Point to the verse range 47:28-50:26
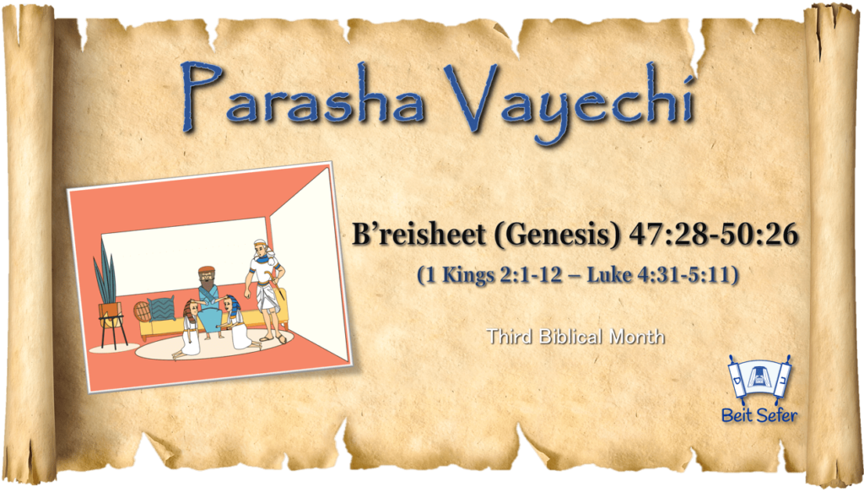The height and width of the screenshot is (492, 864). click(713, 234)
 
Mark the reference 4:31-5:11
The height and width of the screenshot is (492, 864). click(683, 274)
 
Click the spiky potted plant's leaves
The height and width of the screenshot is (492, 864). click(105, 273)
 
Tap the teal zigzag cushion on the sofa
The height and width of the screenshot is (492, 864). click(161, 309)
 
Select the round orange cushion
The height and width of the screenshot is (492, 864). click(142, 311)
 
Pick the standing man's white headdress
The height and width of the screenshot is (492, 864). click(261, 246)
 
